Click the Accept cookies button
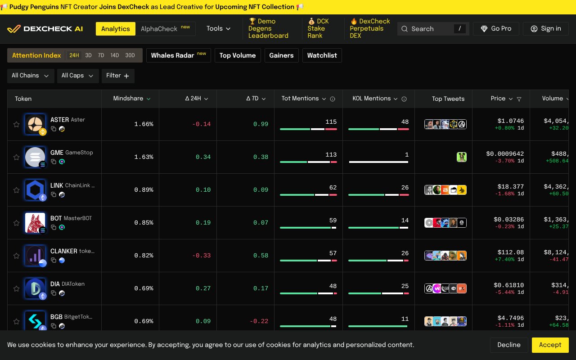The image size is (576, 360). point(550,345)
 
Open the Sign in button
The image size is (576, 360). point(545,29)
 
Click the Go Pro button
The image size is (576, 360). point(496,29)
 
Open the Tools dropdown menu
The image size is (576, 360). point(218,29)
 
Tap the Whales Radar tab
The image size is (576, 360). point(178,55)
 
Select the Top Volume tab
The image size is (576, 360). point(238,55)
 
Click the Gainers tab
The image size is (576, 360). point(281,55)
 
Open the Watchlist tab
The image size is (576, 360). point(322,55)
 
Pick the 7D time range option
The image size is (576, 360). point(101,55)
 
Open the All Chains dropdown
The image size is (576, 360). point(31,76)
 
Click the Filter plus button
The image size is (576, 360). point(118,76)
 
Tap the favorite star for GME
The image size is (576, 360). point(17,157)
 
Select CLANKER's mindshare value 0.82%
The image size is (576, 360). point(144,256)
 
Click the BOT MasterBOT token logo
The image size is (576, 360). point(35,223)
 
